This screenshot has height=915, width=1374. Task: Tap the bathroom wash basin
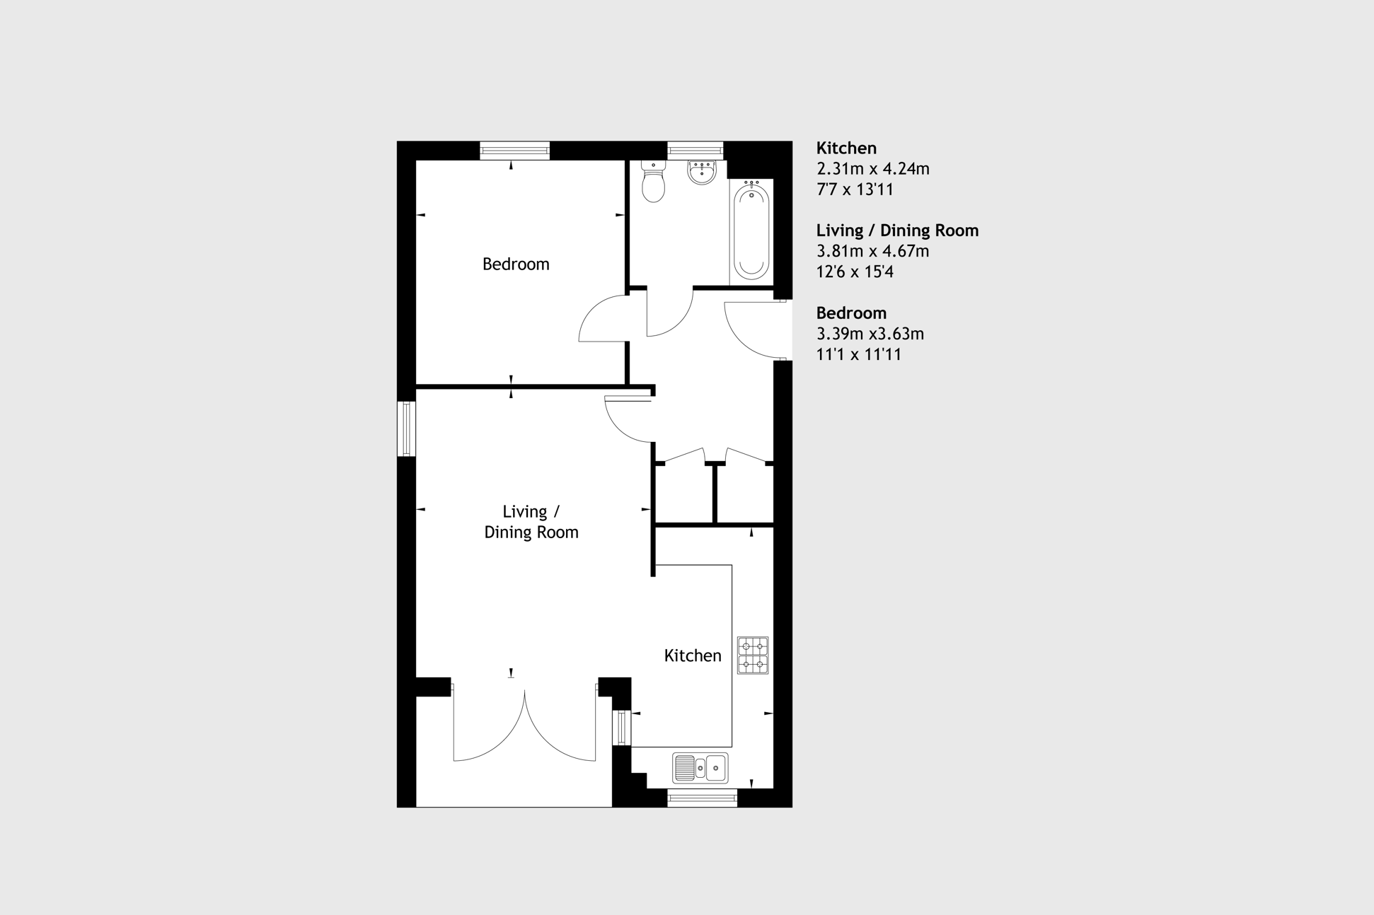click(x=702, y=172)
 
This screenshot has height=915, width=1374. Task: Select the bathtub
click(x=751, y=229)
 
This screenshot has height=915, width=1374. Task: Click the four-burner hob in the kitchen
click(x=753, y=655)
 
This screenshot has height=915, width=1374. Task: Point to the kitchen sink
click(x=700, y=768)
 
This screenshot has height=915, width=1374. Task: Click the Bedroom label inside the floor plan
click(x=516, y=264)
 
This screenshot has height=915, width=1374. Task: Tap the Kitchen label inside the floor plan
click(x=693, y=655)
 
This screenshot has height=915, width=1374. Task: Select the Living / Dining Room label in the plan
click(x=531, y=522)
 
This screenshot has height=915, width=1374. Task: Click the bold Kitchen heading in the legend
click(x=846, y=148)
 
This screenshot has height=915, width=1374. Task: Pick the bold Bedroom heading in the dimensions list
click(x=851, y=313)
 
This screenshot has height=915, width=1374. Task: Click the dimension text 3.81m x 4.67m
click(x=872, y=251)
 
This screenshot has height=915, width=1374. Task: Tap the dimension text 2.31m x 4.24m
click(x=873, y=168)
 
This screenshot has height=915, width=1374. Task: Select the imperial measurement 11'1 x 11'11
click(x=859, y=354)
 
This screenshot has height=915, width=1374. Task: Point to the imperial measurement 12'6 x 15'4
click(x=855, y=272)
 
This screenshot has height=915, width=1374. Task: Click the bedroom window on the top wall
click(x=514, y=151)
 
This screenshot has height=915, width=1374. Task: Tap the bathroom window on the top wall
click(x=695, y=151)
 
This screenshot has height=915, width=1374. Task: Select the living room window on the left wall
click(x=406, y=429)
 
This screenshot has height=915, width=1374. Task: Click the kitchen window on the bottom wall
click(x=702, y=798)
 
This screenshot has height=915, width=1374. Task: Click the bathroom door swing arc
click(x=680, y=322)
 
